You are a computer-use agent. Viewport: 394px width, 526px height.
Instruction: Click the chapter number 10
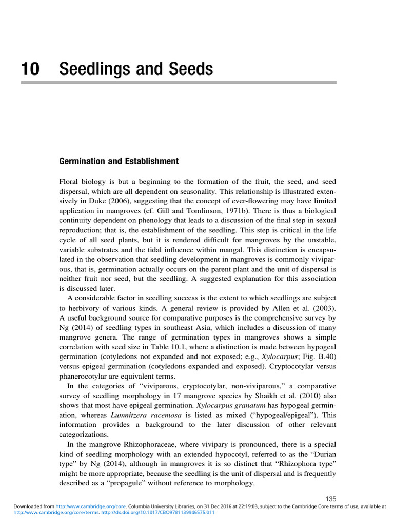[30, 69]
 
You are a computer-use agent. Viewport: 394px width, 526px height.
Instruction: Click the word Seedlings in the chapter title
[93, 69]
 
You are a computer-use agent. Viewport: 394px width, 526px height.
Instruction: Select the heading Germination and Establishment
[119, 161]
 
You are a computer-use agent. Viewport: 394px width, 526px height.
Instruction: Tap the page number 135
[331, 499]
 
